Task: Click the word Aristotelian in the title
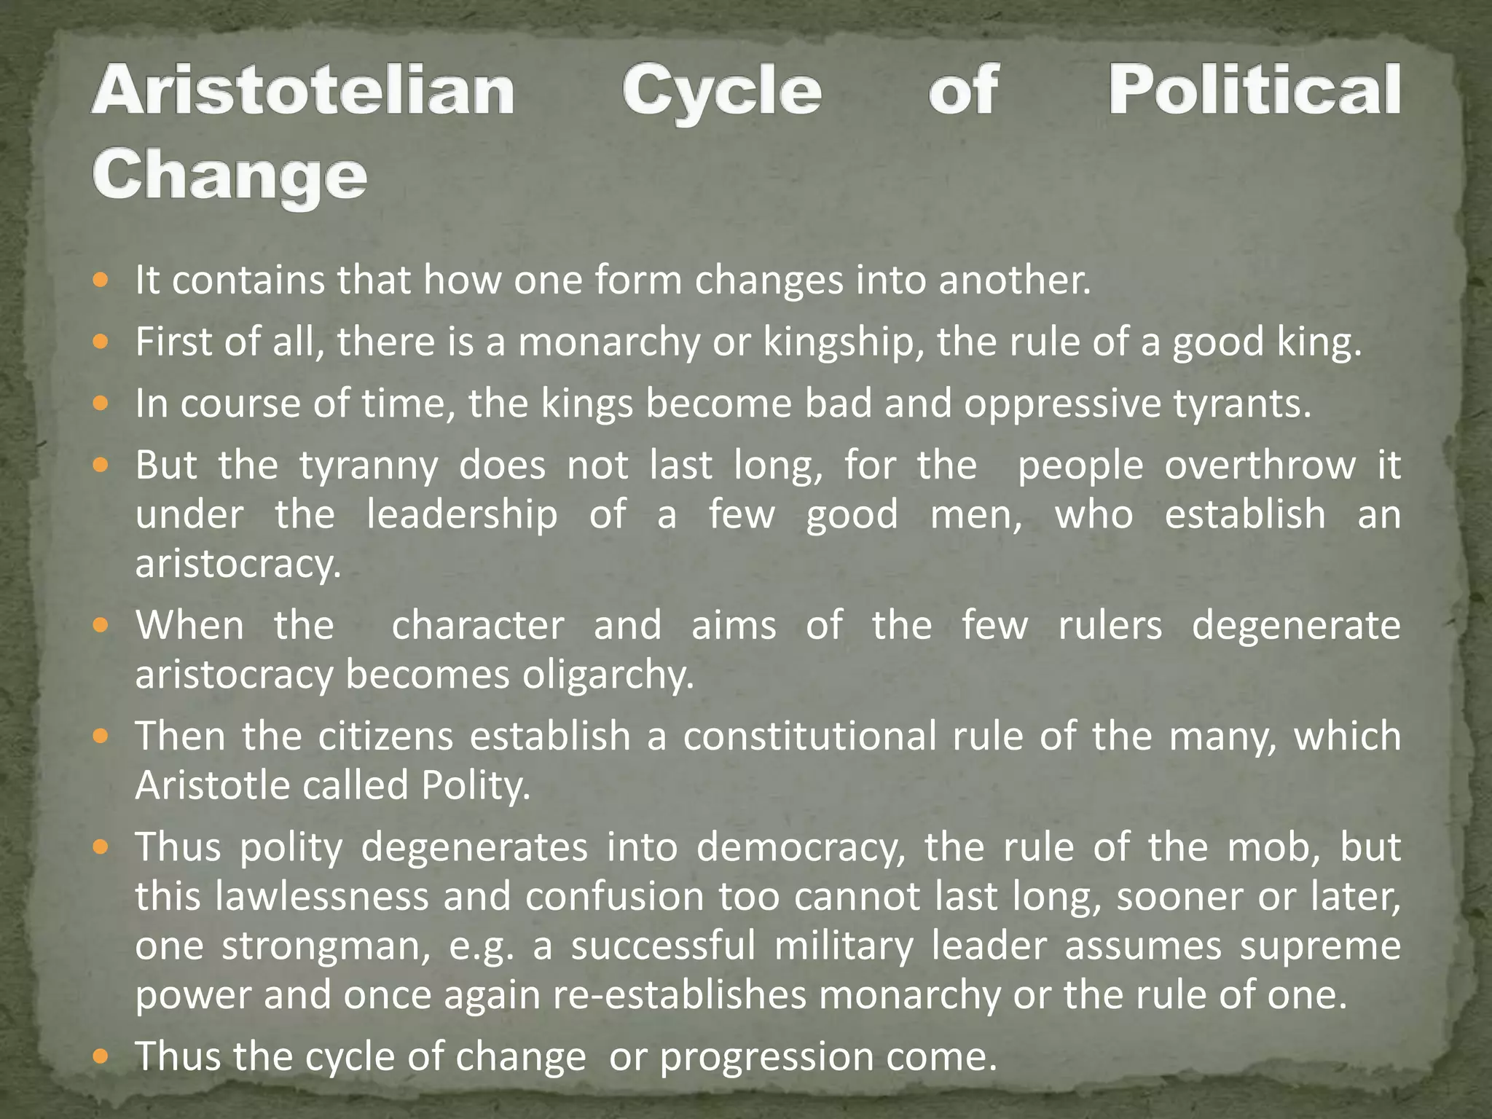coord(303,90)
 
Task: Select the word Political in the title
coord(1254,90)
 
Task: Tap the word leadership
coord(462,514)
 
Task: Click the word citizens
coord(385,736)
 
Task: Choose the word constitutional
coord(809,736)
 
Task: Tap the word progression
coord(766,1057)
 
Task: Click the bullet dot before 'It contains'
coord(101,279)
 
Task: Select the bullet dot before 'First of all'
coord(101,341)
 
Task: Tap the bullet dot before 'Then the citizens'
coord(101,736)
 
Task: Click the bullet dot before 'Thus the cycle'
coord(101,1056)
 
